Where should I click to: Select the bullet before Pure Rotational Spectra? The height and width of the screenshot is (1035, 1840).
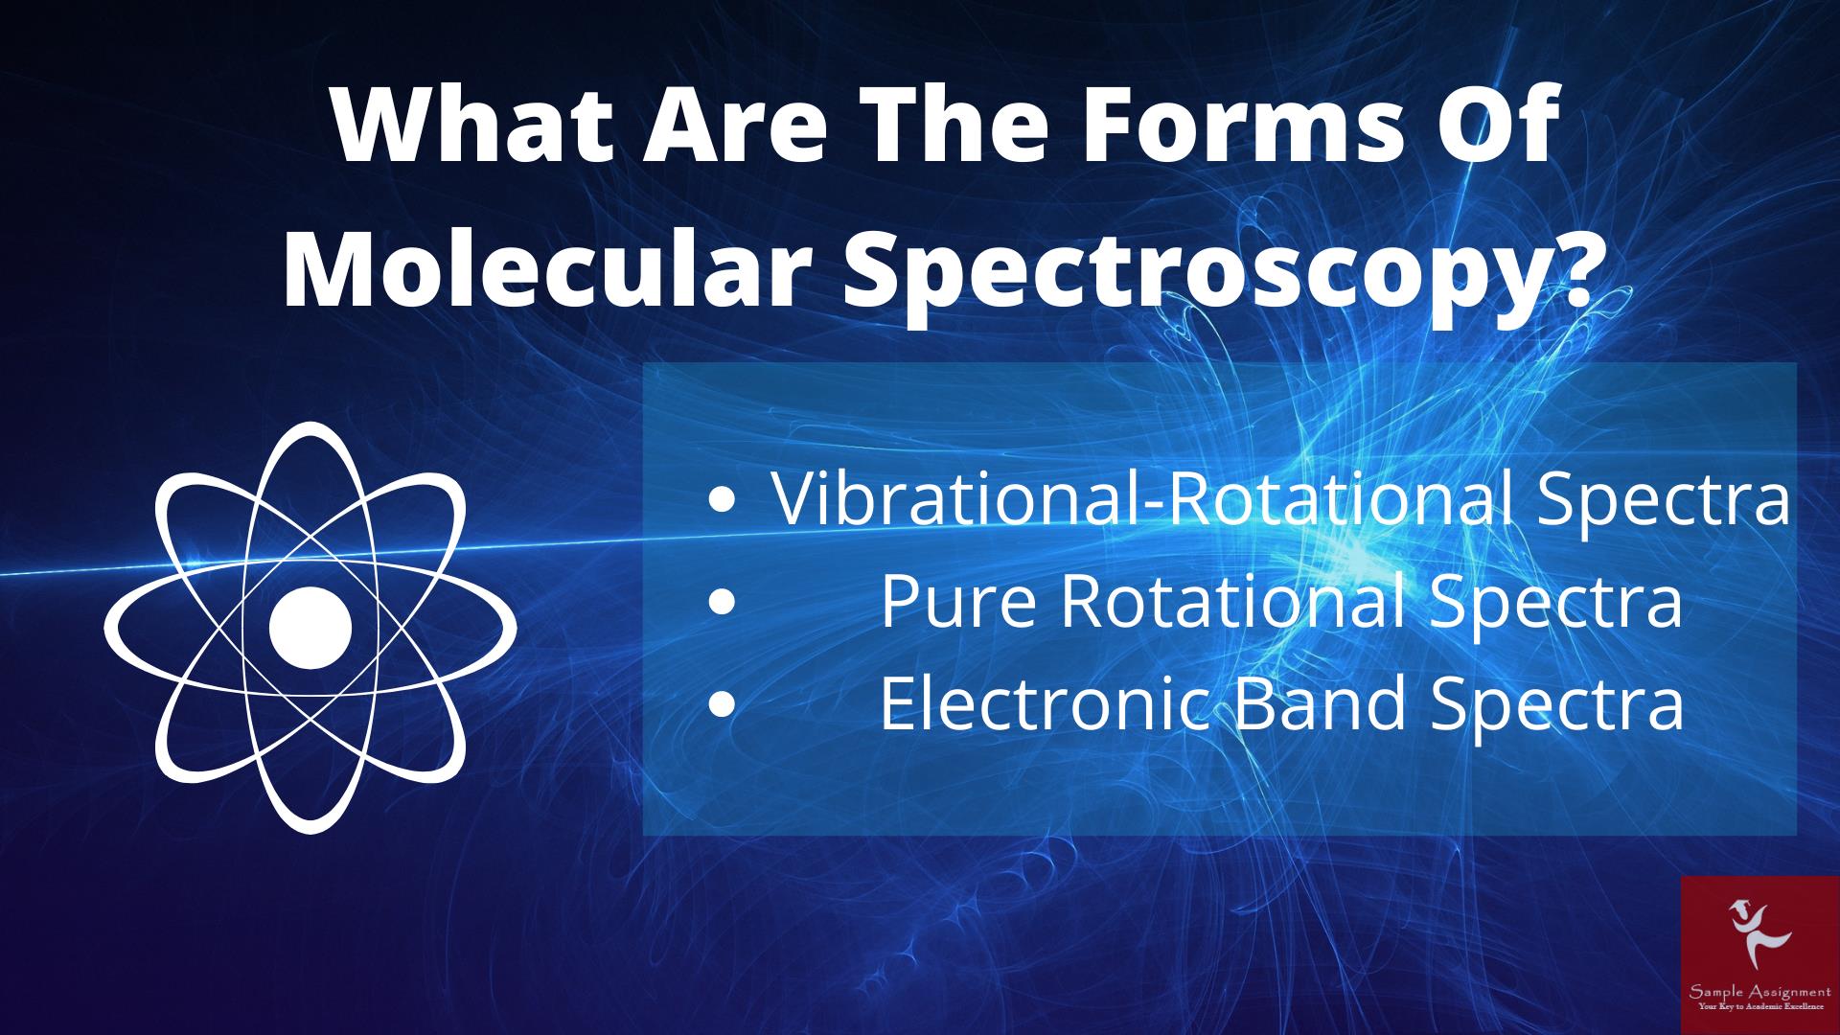723,603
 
